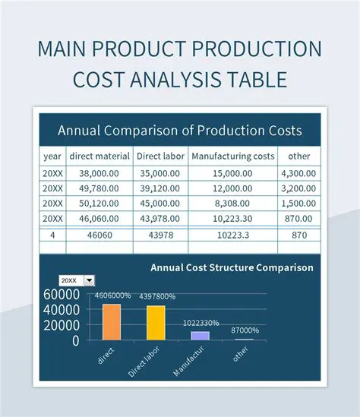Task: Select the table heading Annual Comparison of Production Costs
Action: click(179, 130)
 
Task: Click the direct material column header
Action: click(100, 156)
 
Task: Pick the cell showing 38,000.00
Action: click(100, 173)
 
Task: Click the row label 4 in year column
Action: click(52, 235)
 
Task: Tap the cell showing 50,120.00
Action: click(100, 204)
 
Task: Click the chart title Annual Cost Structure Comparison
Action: click(232, 267)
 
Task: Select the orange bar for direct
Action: click(111, 322)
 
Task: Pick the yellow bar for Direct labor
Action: click(155, 323)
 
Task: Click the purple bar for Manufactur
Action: click(200, 335)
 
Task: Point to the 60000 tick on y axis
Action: click(61, 295)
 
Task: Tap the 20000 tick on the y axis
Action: click(61, 325)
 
